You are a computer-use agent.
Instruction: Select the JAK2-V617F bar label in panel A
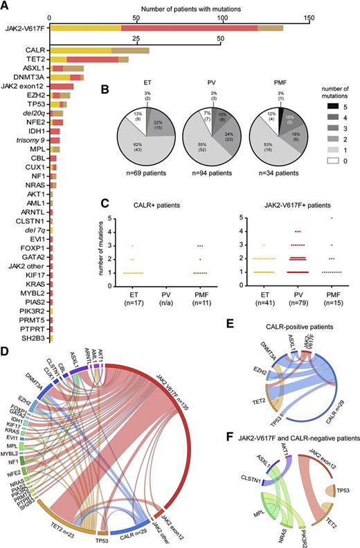point(24,28)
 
